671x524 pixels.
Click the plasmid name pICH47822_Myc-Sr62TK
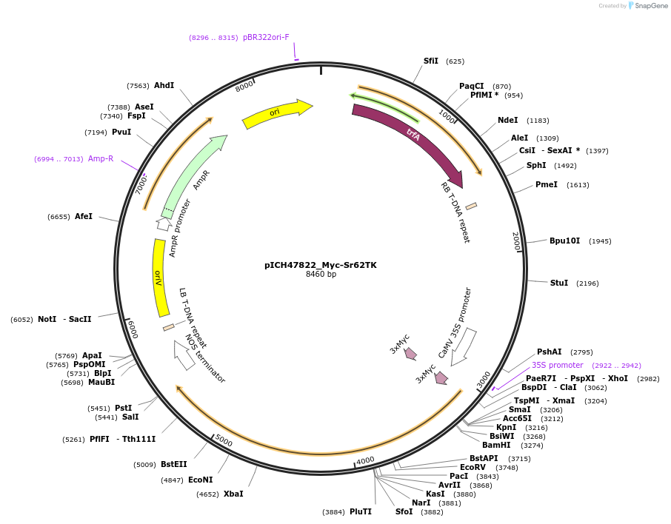[x=321, y=264]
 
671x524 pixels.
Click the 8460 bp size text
[x=321, y=275]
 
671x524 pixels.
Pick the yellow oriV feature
[x=158, y=278]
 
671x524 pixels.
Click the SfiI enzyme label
[x=430, y=61]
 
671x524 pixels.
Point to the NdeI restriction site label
[x=507, y=120]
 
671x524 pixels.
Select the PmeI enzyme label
[x=546, y=184]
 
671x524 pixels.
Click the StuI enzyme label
[x=558, y=283]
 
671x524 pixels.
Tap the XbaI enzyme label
[x=233, y=494]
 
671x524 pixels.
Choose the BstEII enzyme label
[x=174, y=464]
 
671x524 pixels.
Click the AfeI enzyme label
[x=84, y=216]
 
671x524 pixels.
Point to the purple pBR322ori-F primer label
[x=266, y=37]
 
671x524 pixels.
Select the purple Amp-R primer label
[x=101, y=158]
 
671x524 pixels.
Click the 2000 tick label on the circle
[x=516, y=241]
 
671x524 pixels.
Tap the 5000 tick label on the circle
[x=224, y=442]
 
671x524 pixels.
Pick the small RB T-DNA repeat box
[x=471, y=206]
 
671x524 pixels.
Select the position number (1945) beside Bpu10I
[x=600, y=241]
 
